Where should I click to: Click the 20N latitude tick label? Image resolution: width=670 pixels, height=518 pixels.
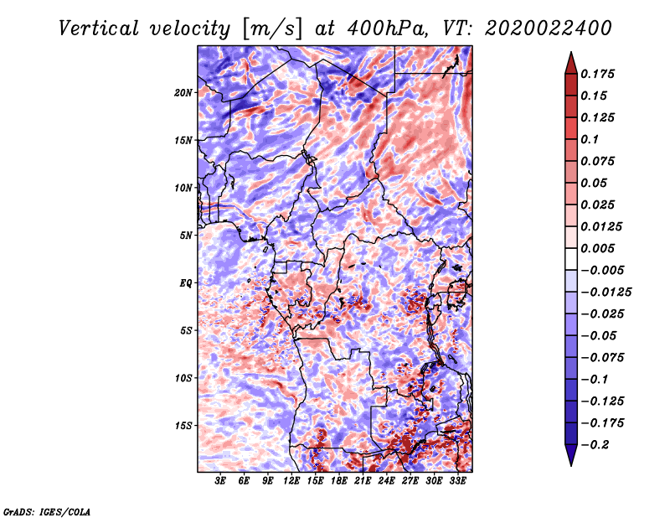point(183,92)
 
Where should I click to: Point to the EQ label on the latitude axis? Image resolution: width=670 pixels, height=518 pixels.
point(186,283)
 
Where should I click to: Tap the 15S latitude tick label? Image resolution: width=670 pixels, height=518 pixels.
point(183,426)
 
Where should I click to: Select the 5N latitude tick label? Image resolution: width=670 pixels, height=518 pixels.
point(186,236)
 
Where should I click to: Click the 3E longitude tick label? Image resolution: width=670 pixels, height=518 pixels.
point(220,481)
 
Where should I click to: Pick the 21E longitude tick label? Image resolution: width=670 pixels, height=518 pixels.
point(363,481)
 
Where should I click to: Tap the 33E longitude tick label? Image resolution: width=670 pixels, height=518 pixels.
point(457,481)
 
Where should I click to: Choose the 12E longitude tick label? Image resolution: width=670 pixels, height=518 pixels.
point(291,481)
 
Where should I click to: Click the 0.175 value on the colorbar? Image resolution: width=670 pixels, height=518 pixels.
point(597,74)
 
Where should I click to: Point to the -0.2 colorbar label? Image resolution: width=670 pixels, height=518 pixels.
point(595,445)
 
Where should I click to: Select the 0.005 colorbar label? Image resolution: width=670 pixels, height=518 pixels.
point(597,248)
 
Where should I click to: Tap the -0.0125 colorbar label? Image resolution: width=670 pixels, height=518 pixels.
point(606,293)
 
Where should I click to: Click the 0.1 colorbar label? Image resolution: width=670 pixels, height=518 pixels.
point(590,139)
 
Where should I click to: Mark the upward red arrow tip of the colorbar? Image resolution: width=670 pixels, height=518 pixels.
point(571,52)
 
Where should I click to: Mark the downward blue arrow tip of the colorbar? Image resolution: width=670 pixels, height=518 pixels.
point(571,465)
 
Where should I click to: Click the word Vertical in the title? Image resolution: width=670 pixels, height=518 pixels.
point(99,28)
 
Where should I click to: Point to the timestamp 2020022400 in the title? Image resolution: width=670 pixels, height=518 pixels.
point(549,28)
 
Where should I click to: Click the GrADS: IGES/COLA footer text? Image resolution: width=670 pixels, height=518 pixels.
point(47,512)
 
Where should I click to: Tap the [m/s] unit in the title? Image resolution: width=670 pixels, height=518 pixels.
point(273,28)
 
